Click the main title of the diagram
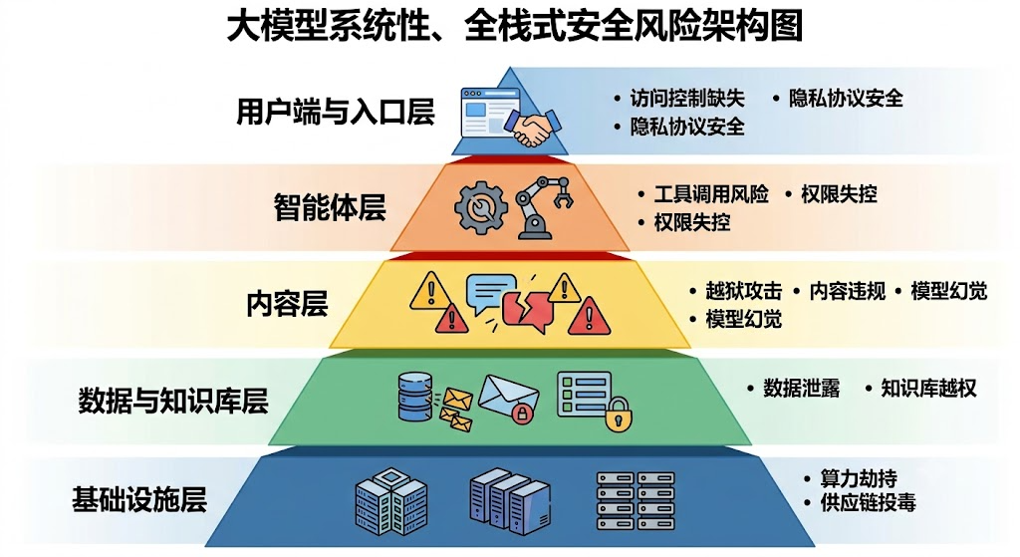(x=515, y=27)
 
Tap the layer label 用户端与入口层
(x=335, y=112)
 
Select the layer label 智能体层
(x=330, y=207)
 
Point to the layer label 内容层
(x=287, y=304)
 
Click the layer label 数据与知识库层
(x=173, y=401)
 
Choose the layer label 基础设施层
(x=139, y=499)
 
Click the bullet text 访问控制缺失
(x=687, y=99)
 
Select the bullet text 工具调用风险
(x=711, y=194)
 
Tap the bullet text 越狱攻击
(x=743, y=290)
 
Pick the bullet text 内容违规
(x=847, y=290)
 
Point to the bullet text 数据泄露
(x=802, y=388)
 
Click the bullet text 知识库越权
(x=928, y=388)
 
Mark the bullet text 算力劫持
(x=858, y=478)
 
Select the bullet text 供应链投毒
(x=868, y=501)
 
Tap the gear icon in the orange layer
(x=481, y=207)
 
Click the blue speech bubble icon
(x=490, y=294)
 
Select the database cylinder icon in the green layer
(x=414, y=397)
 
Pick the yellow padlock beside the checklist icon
(x=618, y=415)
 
